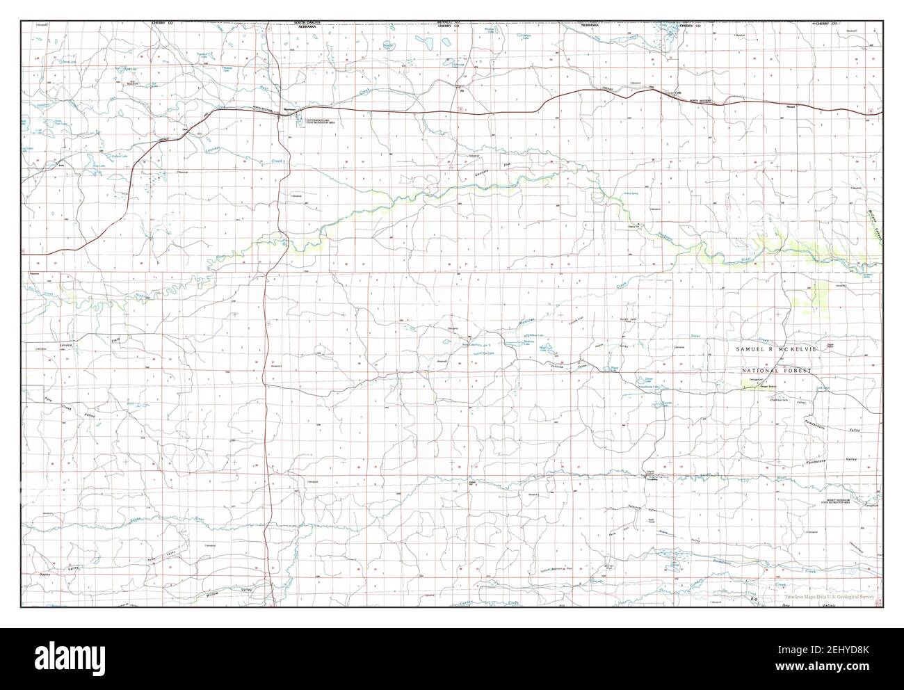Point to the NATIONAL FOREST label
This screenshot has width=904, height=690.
pos(775,372)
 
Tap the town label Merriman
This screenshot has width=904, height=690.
pos(289,110)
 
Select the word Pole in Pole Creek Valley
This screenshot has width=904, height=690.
pos(29,400)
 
